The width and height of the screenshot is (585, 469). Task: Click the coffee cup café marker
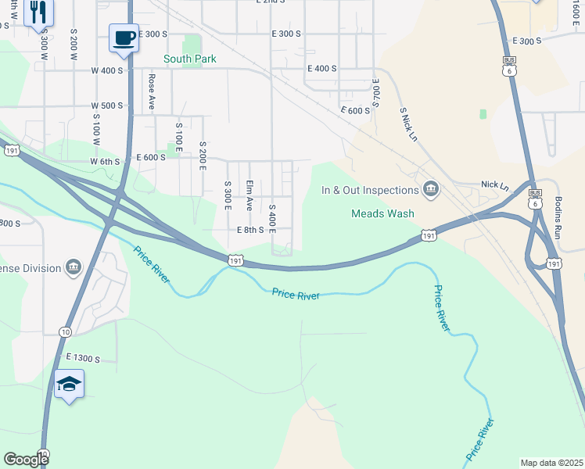pos(124,38)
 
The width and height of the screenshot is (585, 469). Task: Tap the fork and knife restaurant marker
pos(38,13)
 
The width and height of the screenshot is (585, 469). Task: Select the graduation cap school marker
pos(69,384)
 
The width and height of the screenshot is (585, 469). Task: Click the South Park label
pos(189,59)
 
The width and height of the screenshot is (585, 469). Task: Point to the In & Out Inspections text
pos(370,190)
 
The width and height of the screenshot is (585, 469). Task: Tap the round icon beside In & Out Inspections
pos(431,189)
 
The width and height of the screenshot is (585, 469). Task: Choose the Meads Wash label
pos(382,213)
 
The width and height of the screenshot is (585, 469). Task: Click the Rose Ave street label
pos(153,91)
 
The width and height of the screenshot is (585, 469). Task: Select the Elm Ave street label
pos(249,195)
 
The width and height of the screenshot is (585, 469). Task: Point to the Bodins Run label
pos(558,219)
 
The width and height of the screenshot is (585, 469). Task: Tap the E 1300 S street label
pos(83,358)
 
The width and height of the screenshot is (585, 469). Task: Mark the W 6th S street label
pos(105,161)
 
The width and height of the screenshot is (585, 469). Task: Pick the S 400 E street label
pos(272,220)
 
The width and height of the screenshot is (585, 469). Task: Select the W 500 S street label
pos(107,106)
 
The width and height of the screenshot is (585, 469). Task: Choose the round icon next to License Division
pos(73,268)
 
